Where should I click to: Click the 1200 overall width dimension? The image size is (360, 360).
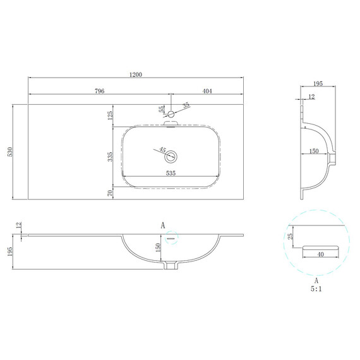[x=136, y=75]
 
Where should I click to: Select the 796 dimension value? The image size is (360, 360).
[x=100, y=91]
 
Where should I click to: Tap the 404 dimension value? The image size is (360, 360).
[x=207, y=91]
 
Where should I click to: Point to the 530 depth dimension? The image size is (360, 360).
[x=10, y=152]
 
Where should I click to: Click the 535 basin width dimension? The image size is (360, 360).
[x=171, y=173]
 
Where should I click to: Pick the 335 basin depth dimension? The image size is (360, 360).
[x=111, y=157]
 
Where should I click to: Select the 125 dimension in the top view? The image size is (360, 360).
[x=111, y=116]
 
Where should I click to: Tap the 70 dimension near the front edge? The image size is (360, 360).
[x=111, y=193]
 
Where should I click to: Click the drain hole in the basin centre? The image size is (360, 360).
[x=171, y=157]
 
